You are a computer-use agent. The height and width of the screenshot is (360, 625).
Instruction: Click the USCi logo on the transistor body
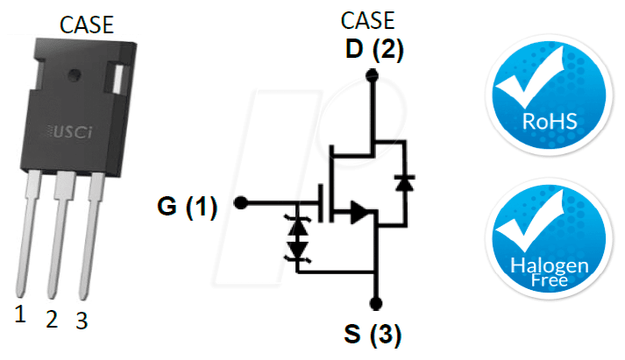pos(70,132)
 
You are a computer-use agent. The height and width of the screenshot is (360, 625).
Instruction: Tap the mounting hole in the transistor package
pos(75,74)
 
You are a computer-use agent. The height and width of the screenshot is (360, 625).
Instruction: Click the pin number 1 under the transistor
pos(20,314)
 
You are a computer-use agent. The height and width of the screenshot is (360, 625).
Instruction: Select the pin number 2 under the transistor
pos(52,319)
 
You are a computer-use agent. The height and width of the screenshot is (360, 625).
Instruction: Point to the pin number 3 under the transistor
pos(82,321)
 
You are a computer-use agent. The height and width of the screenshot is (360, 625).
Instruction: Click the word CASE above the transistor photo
pos(87,25)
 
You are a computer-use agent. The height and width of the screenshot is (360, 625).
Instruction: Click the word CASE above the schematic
pos(367,20)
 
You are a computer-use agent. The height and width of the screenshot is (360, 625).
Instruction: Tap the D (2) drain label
pos(374,49)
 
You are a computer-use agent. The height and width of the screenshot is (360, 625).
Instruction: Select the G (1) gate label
pos(188,207)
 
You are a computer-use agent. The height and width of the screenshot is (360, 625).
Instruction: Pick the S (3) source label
pos(373,334)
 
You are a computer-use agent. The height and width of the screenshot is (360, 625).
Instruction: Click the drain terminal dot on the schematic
pos(372,74)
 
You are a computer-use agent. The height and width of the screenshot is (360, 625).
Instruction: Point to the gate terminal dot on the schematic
pos(241,202)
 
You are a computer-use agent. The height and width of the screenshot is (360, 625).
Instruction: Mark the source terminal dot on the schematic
pos(376,303)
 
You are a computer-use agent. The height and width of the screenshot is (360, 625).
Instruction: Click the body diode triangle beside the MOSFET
pos(405,183)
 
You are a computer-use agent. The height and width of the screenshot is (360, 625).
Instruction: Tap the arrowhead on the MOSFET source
pos(359,211)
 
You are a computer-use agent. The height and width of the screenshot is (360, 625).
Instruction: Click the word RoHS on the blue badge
pos(550,122)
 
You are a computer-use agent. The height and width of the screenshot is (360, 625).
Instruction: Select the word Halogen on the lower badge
pos(550,265)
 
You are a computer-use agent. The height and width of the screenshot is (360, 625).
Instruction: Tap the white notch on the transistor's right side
pos(117,78)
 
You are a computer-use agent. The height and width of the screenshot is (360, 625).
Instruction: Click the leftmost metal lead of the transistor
pos(28,233)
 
